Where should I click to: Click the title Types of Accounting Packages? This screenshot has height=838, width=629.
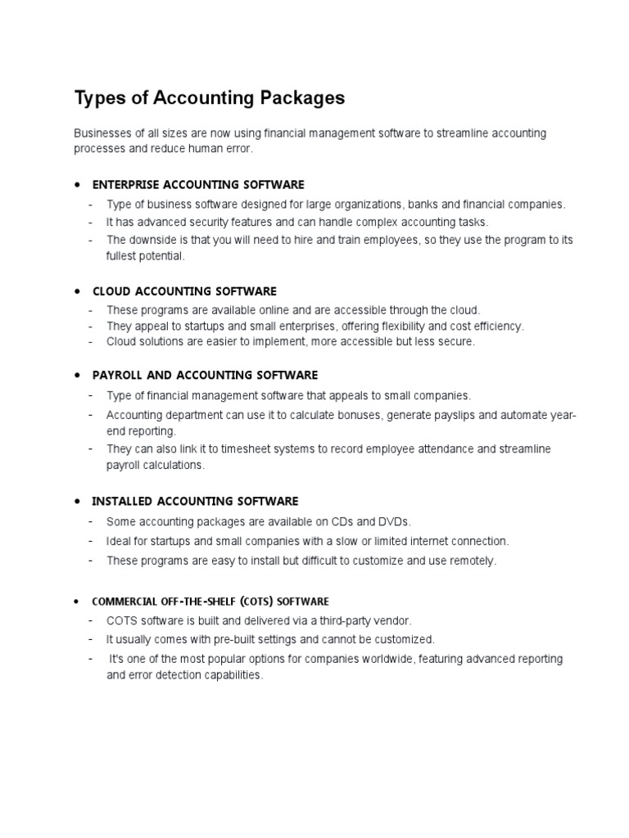pos(210,98)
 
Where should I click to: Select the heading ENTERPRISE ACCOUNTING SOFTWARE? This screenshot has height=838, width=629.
pos(198,184)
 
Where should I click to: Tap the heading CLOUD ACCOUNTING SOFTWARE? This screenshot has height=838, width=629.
pos(184,291)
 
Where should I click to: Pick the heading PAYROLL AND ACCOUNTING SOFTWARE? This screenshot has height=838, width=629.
pos(205,375)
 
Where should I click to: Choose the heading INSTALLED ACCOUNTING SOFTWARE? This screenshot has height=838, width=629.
pos(195,501)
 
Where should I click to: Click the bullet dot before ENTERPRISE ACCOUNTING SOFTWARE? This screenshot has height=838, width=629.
pos(76,184)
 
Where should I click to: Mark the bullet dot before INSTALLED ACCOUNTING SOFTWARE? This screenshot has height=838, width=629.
pos(76,501)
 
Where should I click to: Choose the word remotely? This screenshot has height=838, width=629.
pos(473,561)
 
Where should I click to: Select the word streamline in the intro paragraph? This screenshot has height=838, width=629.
pos(452,133)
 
